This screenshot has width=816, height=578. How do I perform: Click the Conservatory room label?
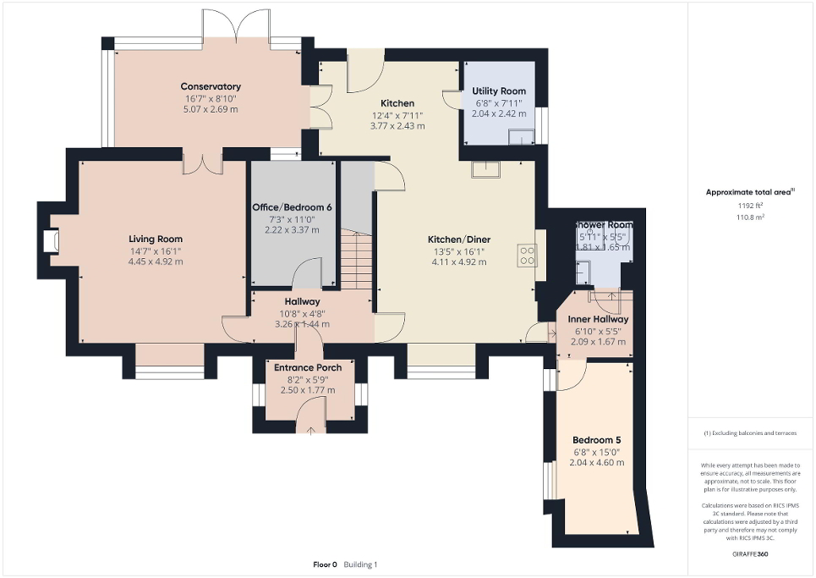pyautogui.click(x=211, y=86)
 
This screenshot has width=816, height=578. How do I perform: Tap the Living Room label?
pyautogui.click(x=156, y=239)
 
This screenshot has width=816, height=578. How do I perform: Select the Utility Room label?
pyautogui.click(x=499, y=91)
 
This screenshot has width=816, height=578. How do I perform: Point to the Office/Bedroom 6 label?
pyautogui.click(x=293, y=207)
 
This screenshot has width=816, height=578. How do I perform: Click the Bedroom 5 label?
pyautogui.click(x=596, y=440)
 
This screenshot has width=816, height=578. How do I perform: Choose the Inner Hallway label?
pyautogui.click(x=597, y=319)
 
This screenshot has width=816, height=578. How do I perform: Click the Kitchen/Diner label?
pyautogui.click(x=459, y=239)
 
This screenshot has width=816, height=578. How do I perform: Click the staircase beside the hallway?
pyautogui.click(x=356, y=262)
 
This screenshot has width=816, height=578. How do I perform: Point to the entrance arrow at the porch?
pyautogui.click(x=310, y=430)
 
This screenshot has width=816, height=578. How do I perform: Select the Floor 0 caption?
pyautogui.click(x=326, y=564)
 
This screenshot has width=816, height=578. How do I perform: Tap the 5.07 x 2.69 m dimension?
pyautogui.click(x=211, y=109)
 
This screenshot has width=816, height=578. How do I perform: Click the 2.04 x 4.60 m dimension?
pyautogui.click(x=596, y=463)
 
